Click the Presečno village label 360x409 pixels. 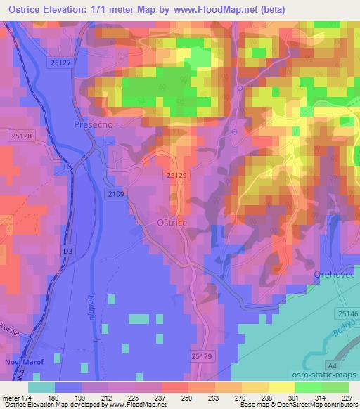tap(94, 124)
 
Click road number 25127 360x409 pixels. tap(61, 63)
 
